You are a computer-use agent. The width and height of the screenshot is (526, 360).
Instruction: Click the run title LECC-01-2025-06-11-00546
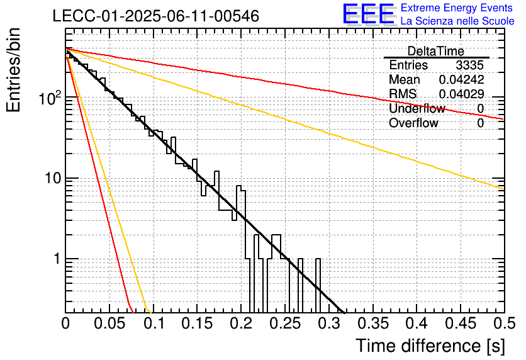point(156,16)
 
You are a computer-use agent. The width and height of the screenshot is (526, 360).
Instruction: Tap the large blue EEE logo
point(368,14)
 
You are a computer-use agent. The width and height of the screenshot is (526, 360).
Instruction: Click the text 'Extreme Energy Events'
point(457,8)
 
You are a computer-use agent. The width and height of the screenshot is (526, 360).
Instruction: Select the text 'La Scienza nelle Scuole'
point(457,21)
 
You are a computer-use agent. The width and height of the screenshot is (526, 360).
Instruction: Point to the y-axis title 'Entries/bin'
point(13,70)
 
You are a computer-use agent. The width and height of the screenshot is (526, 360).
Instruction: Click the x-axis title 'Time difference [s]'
point(430,346)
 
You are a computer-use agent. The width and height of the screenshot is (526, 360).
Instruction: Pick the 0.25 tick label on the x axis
point(285,323)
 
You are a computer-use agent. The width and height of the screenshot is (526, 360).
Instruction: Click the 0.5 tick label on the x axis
point(505,323)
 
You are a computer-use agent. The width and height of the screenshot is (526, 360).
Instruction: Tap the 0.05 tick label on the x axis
point(109,323)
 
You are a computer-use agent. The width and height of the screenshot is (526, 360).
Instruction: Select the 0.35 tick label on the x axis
point(373,323)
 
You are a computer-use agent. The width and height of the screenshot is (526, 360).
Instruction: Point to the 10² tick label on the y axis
point(50,98)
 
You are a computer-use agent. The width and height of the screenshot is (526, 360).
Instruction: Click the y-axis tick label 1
point(57,259)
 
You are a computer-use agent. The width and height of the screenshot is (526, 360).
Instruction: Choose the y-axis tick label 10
point(53,178)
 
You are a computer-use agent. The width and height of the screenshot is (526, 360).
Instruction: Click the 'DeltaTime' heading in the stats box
point(436,51)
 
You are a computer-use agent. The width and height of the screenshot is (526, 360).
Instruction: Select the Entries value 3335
point(469,65)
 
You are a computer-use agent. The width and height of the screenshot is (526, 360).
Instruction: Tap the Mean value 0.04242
point(462,79)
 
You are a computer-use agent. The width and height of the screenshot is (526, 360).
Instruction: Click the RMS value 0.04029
point(462,94)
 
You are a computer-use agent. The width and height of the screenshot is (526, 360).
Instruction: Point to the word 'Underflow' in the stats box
point(417,108)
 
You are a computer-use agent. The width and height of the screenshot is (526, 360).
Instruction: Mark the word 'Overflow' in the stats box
point(413,123)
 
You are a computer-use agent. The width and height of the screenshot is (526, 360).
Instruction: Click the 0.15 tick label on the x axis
point(198,323)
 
